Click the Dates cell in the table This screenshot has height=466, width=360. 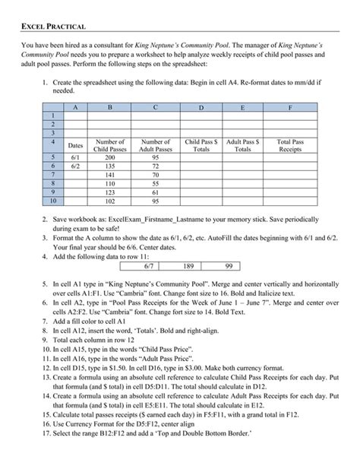pos(75,144)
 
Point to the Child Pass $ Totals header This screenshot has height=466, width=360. pos(202,145)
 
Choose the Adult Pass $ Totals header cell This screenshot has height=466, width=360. pos(243,145)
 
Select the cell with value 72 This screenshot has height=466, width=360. pos(156,165)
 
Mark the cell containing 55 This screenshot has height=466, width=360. pos(156,183)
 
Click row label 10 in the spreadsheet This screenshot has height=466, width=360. pos(53,201)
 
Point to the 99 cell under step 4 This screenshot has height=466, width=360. pos(227,266)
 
